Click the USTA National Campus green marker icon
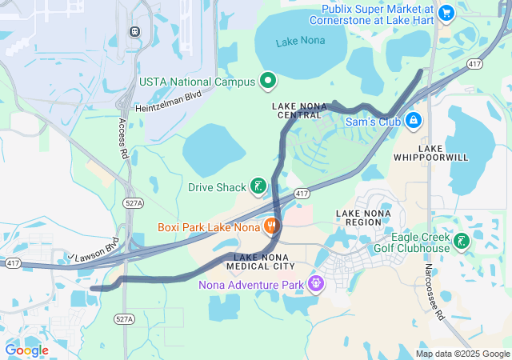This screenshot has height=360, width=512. click(267, 82)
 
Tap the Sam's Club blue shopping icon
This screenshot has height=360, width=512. click(413, 122)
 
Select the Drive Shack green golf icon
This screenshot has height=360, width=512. click(258, 187)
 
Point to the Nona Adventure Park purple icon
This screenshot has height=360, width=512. click(317, 283)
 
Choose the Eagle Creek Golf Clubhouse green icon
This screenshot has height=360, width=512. click(461, 242)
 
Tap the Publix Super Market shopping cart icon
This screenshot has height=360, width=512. click(446, 13)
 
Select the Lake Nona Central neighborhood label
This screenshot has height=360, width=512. click(296, 110)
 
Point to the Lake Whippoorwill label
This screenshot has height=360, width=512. click(431, 153)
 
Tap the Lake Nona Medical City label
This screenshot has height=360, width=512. click(260, 261)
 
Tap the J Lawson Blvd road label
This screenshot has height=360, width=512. click(94, 247)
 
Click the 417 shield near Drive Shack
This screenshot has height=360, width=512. click(302, 194)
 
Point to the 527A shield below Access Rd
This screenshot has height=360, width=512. click(134, 204)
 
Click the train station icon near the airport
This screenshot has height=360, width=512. click(134, 31)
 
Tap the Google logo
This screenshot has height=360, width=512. click(26, 350)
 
